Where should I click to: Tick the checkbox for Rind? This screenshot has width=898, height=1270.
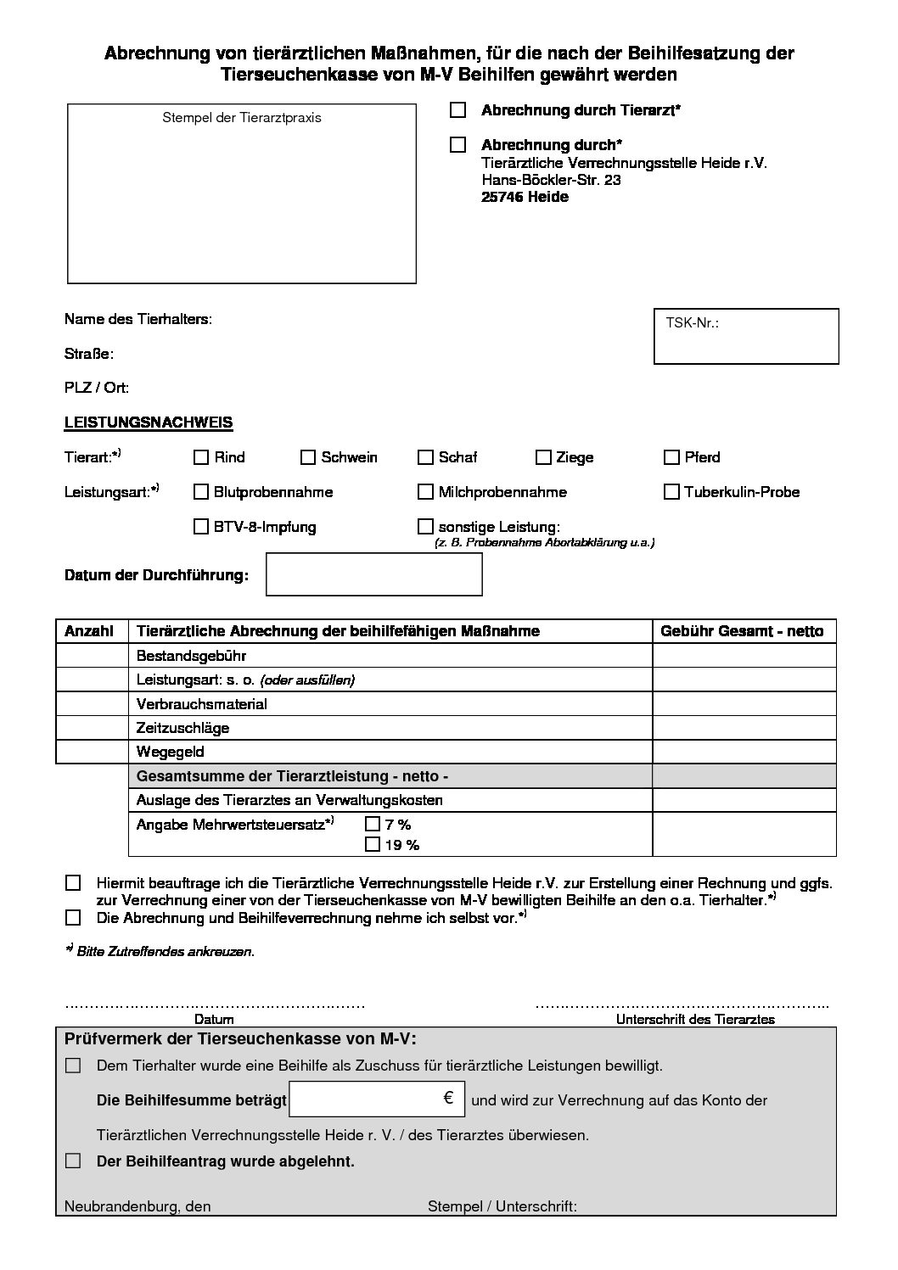coord(201,457)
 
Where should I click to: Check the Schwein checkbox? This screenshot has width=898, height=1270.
coord(308,457)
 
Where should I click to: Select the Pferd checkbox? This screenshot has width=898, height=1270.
coord(671,457)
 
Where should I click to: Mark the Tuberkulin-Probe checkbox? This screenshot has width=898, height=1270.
coord(671,491)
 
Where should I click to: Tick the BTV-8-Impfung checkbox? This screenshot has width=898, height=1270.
coord(201,526)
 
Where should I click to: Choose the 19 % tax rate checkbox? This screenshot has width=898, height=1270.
coord(372,844)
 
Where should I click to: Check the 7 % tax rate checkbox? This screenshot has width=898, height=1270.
coord(372,823)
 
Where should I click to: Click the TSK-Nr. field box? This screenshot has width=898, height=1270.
coord(746,337)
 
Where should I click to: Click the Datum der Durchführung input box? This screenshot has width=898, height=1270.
coord(374,574)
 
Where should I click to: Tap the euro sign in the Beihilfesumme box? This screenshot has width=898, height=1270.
coord(448,1098)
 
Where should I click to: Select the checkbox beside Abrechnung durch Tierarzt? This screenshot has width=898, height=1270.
coord(458,109)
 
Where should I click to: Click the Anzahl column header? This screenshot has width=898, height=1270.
coord(89,631)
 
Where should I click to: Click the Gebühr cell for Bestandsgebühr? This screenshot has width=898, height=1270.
coord(744,656)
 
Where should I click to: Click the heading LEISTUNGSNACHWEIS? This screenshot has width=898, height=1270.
coord(149,422)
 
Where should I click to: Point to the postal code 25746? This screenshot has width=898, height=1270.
coord(502,197)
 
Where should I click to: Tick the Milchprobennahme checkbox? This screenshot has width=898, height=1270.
coord(425,491)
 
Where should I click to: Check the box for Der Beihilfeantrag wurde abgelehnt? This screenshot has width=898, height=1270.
coord(73,1161)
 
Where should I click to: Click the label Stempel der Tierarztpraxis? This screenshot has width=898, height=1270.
coord(242,118)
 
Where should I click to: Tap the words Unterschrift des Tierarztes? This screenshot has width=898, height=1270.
coord(695,1019)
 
